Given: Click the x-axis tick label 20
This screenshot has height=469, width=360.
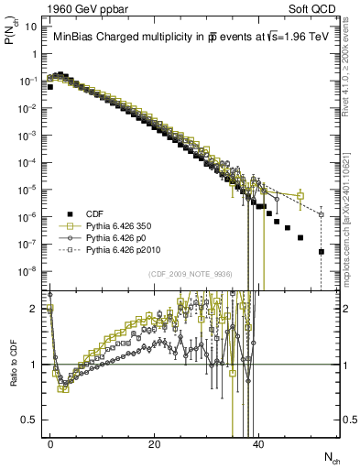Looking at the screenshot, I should tap(155, 444).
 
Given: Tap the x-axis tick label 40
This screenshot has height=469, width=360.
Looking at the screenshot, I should tap(259, 444).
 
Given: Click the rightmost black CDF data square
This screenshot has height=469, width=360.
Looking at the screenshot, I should tap(322, 251).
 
